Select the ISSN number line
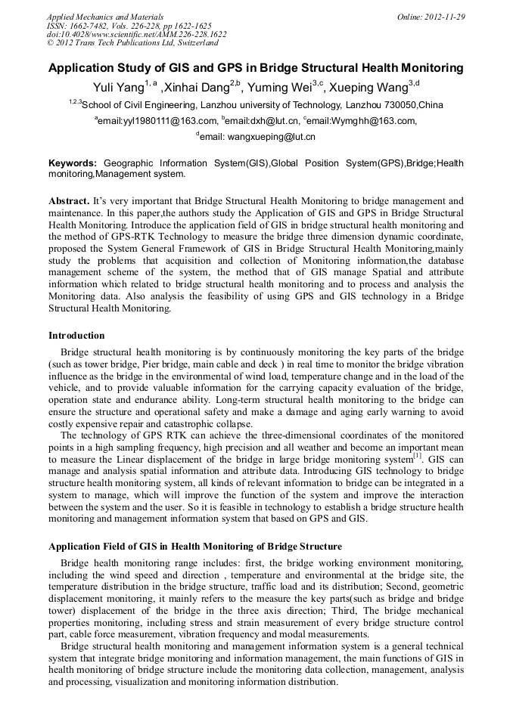click(x=129, y=26)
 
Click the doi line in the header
click(x=137, y=35)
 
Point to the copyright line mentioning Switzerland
click(x=132, y=43)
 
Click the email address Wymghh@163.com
click(x=372, y=121)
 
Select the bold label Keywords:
click(x=73, y=163)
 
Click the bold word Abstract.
click(x=69, y=202)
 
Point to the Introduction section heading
click(x=76, y=336)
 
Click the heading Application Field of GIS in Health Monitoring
click(x=194, y=547)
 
